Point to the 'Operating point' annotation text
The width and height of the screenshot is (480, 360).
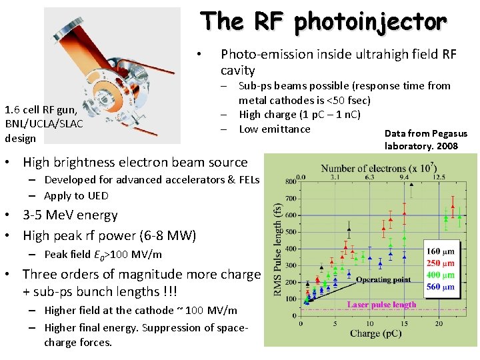(x=383, y=280)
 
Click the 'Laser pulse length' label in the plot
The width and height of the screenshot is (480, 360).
(x=381, y=305)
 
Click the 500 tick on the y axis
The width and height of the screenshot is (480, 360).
(x=291, y=233)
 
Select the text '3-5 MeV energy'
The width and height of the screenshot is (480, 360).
(x=70, y=215)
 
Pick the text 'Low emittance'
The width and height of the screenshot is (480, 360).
(x=275, y=129)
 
